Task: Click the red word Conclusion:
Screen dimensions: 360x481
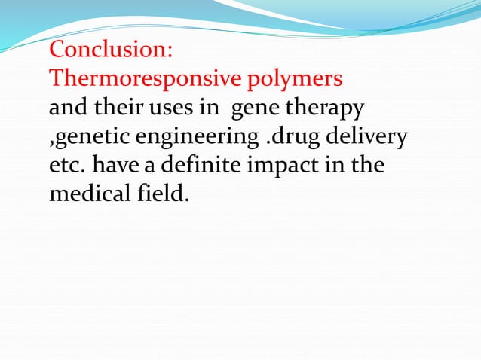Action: tap(111, 51)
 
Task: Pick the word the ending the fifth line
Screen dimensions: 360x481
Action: tap(367, 165)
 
